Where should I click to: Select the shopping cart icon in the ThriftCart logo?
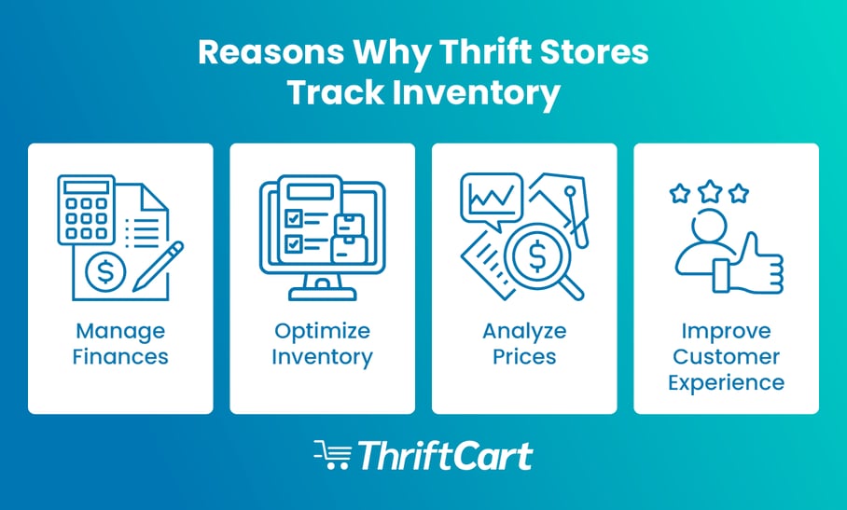(332, 456)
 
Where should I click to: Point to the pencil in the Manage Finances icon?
(160, 263)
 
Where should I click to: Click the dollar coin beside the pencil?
(105, 271)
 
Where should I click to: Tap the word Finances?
(120, 356)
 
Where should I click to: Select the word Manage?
(120, 331)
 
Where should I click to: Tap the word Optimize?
(322, 331)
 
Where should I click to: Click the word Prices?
(524, 356)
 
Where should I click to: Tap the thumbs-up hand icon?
(753, 266)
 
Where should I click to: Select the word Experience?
(727, 381)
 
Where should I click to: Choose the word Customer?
(727, 356)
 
